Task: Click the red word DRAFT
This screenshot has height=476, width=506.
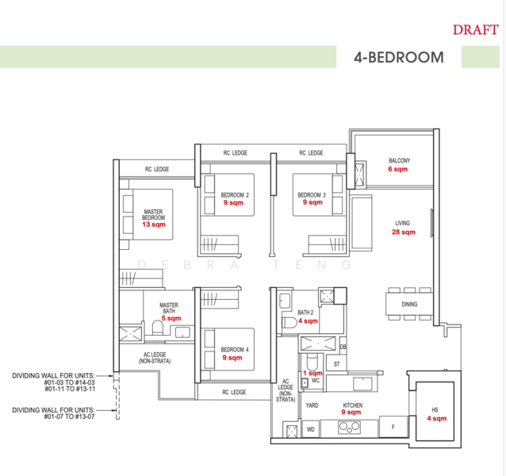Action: click(476, 30)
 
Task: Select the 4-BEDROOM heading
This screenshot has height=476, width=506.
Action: click(398, 58)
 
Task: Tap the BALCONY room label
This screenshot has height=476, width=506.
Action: click(398, 161)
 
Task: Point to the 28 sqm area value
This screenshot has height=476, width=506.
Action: click(403, 232)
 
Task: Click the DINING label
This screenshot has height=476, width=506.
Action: click(409, 304)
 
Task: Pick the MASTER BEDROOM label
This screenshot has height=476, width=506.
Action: click(153, 214)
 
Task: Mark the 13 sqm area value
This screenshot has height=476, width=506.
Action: click(153, 225)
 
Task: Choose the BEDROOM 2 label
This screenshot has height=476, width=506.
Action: click(235, 194)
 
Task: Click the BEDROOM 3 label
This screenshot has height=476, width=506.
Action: click(312, 194)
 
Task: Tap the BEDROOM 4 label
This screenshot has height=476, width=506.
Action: click(235, 349)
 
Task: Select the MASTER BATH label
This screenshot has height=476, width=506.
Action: click(168, 308)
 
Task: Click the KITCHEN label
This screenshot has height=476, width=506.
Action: click(352, 405)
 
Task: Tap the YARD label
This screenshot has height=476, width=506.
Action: click(312, 405)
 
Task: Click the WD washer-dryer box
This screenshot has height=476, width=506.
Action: click(311, 431)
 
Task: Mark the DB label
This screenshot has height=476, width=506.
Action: click(343, 347)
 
